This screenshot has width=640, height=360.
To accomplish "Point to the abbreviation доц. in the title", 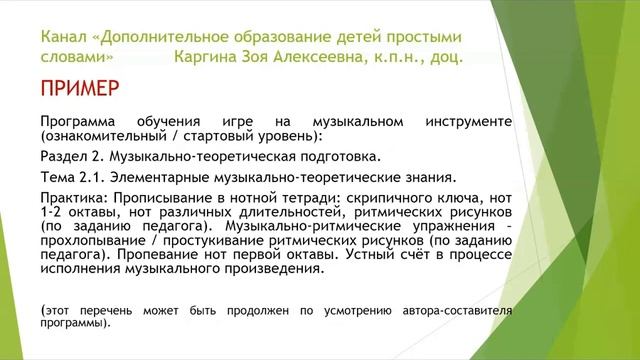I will pos(442,57).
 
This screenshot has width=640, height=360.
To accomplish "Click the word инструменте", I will pos(467,121).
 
